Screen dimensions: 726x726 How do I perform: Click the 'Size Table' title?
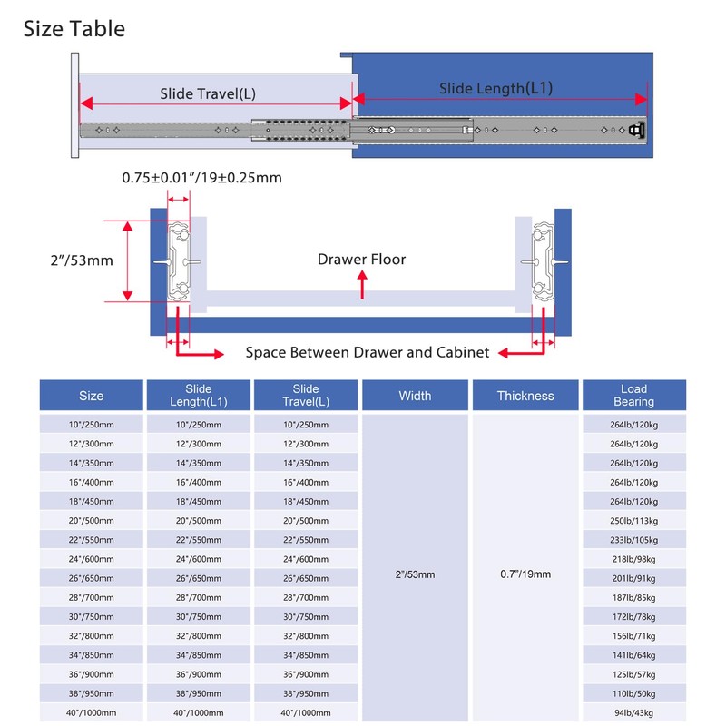click(74, 29)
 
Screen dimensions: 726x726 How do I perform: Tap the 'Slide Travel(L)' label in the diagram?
click(208, 94)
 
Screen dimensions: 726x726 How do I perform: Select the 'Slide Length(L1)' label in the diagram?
click(495, 88)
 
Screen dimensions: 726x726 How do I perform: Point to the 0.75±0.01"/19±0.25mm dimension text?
click(201, 178)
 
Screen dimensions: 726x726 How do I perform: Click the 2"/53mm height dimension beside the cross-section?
click(82, 260)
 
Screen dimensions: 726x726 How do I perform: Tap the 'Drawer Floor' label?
click(361, 260)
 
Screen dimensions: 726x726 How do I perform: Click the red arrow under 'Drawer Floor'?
click(362, 285)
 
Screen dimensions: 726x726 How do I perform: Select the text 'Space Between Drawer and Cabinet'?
click(368, 352)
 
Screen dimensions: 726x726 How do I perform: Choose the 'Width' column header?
click(415, 396)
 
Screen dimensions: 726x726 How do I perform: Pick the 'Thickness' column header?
click(525, 396)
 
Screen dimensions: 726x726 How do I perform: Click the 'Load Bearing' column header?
click(633, 396)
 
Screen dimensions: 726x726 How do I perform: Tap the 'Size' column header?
click(92, 396)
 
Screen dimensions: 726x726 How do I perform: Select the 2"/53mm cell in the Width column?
click(415, 574)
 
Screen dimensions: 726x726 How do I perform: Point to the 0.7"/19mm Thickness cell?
click(525, 574)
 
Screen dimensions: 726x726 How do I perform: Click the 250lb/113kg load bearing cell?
click(633, 521)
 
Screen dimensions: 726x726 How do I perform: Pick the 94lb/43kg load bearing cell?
click(633, 713)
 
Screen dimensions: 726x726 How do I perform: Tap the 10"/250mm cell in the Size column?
click(92, 425)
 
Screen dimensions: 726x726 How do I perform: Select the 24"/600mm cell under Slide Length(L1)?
click(198, 559)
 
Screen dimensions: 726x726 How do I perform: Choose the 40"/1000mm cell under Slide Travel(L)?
click(306, 713)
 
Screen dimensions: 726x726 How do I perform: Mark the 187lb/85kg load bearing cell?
click(633, 598)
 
